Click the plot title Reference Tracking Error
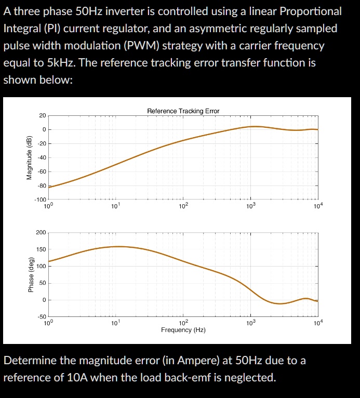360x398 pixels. click(183, 111)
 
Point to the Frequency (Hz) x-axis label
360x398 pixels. click(183, 330)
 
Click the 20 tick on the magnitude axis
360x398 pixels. click(42, 115)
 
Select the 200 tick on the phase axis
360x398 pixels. click(41, 232)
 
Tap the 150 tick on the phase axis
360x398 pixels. click(41, 249)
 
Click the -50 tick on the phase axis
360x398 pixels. click(41, 316)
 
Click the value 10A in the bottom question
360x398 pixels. click(78, 377)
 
